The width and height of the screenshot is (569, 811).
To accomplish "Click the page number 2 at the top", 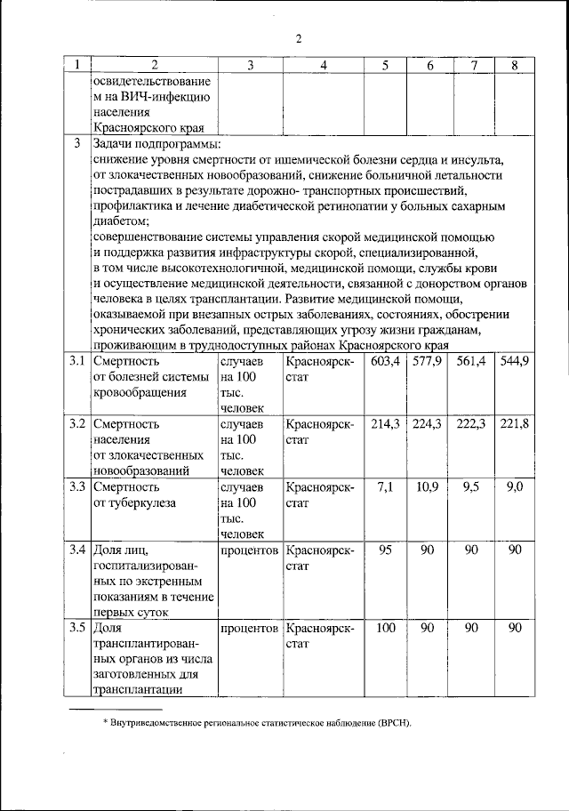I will pyautogui.click(x=300, y=38).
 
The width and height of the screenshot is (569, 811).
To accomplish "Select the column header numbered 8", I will pyautogui.click(x=514, y=66).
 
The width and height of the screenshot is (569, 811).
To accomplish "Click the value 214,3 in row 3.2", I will pyautogui.click(x=385, y=423).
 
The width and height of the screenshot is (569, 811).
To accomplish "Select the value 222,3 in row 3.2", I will pyautogui.click(x=471, y=423).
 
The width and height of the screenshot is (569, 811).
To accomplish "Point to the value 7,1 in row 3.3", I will pyautogui.click(x=385, y=486).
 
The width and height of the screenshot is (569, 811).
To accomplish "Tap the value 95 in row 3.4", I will pyautogui.click(x=385, y=549).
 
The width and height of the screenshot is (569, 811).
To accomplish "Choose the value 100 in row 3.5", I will pyautogui.click(x=385, y=628).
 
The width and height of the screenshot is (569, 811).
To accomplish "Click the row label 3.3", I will pyautogui.click(x=77, y=486).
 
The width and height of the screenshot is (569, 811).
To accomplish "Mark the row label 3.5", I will pyautogui.click(x=77, y=628).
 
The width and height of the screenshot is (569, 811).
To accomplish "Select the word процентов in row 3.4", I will pyautogui.click(x=249, y=549).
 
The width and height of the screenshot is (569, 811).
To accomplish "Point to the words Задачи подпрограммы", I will pyautogui.click(x=156, y=144).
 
